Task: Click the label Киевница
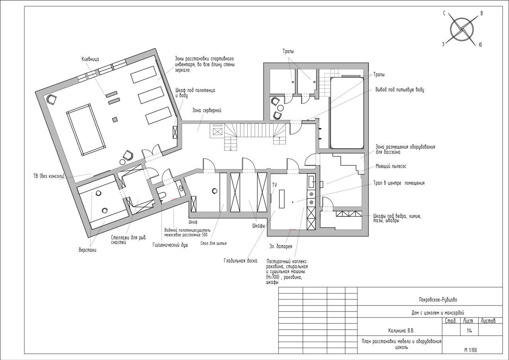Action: [90, 59]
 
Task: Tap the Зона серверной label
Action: [207, 111]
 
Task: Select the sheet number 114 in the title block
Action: [469, 331]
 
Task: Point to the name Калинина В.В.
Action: [401, 331]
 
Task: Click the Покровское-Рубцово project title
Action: [438, 300]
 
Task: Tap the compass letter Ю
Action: [480, 45]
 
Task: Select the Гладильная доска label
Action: [241, 261]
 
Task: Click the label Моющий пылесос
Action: [391, 166]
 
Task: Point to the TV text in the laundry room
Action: [274, 185]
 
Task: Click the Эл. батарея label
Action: [281, 246]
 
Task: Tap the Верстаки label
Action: [87, 250]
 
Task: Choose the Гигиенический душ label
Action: [170, 245]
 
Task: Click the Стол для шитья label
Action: [214, 243]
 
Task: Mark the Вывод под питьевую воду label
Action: [400, 90]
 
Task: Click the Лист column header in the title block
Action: [468, 321]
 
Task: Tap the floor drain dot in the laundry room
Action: [293, 202]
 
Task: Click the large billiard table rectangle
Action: [86, 130]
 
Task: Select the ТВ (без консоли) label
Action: [49, 176]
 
